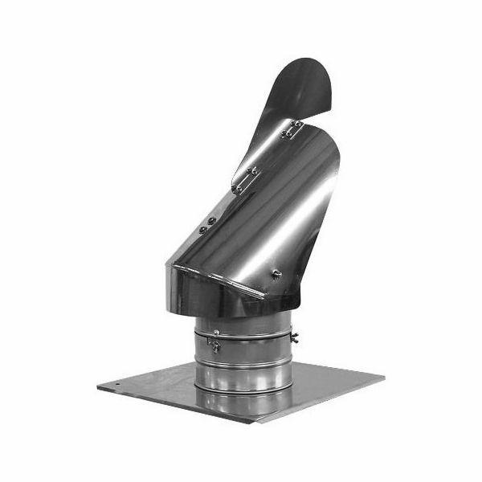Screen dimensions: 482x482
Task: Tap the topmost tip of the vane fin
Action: pos(309,59)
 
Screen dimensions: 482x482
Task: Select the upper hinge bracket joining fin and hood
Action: pos(291,129)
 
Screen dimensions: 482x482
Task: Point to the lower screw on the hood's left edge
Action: pos(202,230)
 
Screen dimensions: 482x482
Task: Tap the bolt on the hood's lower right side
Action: pos(278,274)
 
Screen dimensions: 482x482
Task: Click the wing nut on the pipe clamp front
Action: pos(215,345)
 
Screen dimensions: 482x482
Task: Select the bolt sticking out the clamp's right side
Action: pos(295,337)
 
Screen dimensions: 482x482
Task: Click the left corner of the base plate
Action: pos(99,388)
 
